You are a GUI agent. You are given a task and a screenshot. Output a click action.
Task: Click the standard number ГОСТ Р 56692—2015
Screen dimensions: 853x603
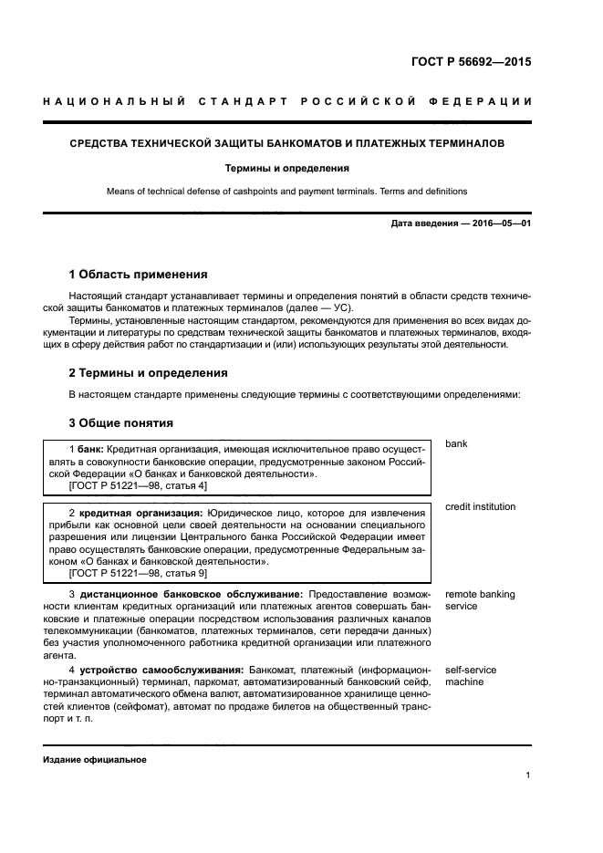click(470, 63)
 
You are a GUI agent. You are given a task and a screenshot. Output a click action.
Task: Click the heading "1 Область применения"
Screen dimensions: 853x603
click(139, 274)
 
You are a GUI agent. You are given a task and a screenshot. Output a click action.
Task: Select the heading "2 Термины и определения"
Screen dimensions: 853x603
click(149, 373)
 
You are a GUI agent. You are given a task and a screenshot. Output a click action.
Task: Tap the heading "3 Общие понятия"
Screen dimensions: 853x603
click(121, 423)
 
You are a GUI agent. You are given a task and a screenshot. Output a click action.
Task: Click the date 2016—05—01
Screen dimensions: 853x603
click(501, 224)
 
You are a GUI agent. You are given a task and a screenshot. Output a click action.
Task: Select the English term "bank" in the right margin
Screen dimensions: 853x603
click(456, 444)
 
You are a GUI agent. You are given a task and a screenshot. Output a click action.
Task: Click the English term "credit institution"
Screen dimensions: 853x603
click(480, 507)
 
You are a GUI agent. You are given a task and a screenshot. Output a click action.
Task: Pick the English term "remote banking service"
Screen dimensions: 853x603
click(480, 600)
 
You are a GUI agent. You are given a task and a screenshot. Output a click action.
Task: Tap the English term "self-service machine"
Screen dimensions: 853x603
click(471, 676)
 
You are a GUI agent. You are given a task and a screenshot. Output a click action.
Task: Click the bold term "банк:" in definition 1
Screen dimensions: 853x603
click(89, 449)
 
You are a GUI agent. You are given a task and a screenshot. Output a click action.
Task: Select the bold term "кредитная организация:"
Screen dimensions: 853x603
click(141, 514)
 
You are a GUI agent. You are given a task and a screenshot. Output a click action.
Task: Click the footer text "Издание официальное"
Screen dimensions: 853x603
click(95, 759)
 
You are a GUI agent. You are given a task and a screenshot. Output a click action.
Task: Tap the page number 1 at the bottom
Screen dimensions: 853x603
click(528, 775)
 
